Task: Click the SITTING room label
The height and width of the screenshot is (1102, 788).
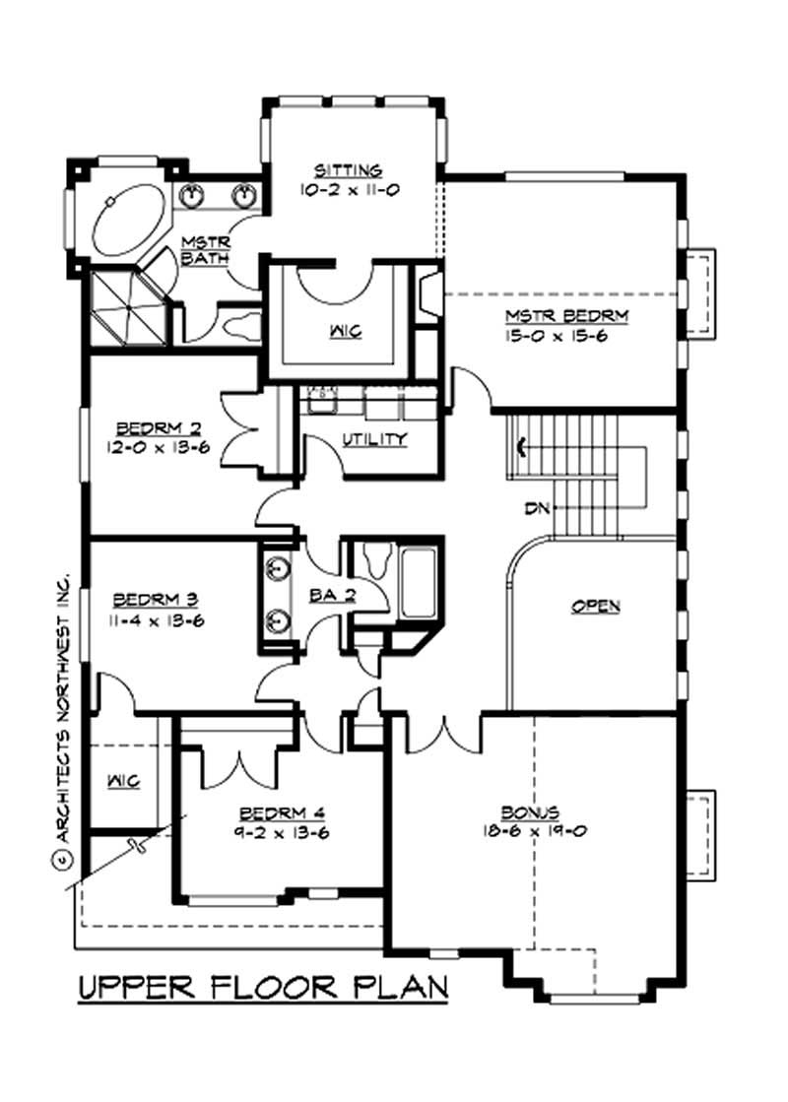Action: (342, 169)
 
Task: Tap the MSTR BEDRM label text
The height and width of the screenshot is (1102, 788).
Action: (567, 316)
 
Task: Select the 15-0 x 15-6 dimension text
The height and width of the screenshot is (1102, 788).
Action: (567, 336)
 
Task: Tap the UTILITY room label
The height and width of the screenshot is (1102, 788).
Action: (374, 439)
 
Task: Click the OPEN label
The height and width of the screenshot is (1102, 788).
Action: (596, 607)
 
